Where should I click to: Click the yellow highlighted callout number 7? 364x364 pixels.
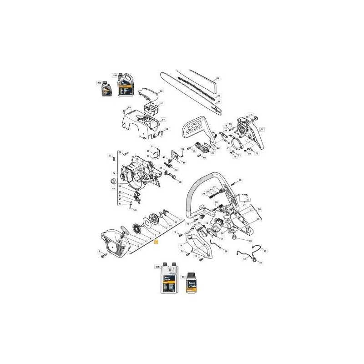click(156, 243)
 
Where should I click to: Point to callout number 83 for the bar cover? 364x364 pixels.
click(218, 79)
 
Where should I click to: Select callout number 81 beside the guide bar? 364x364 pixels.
click(219, 101)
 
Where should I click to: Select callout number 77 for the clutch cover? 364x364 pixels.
click(262, 130)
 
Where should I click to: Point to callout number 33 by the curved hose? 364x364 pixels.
click(265, 251)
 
